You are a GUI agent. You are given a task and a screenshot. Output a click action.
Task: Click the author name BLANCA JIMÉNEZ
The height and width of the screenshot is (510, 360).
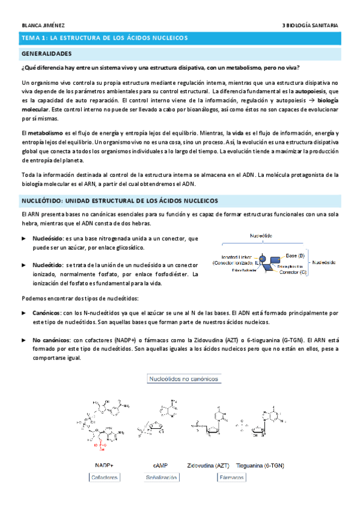point(43,25)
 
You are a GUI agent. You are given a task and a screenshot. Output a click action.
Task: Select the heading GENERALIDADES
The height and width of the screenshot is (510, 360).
point(47,54)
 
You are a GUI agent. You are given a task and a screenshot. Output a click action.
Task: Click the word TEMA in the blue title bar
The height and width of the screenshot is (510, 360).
point(31,38)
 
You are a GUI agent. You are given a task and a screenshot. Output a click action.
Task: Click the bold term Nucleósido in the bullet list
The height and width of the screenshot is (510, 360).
point(47,239)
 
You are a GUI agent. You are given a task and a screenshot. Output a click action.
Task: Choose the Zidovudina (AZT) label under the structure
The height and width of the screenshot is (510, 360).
point(208,465)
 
